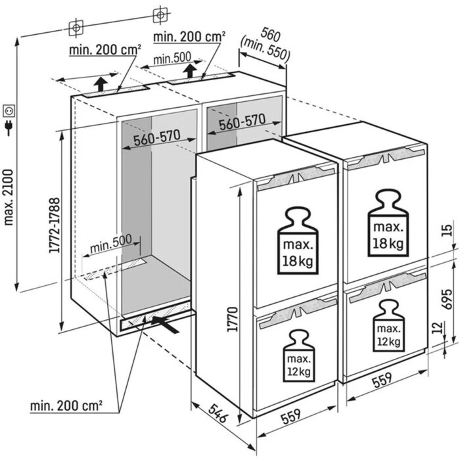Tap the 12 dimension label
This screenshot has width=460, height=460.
pyautogui.click(x=447, y=327)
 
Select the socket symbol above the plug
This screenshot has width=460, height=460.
pyautogui.click(x=9, y=107)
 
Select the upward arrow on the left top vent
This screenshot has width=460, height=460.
pyautogui.click(x=99, y=84)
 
